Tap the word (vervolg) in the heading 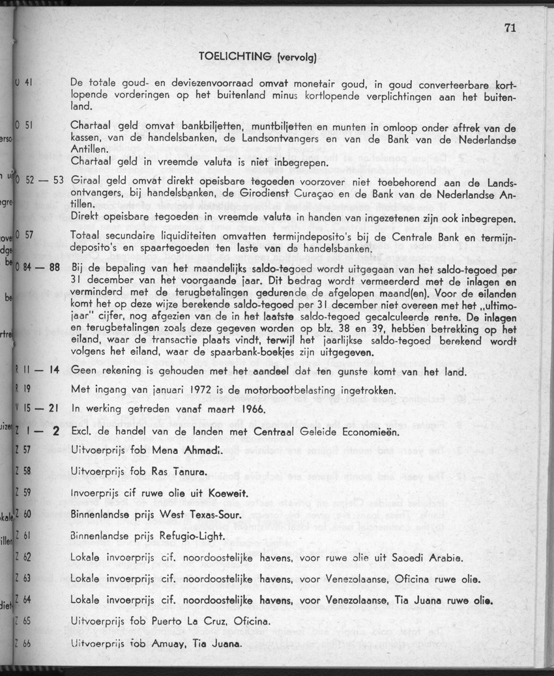point(297,57)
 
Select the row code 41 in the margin point(29,83)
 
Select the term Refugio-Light point(192,536)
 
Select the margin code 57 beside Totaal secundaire point(29,234)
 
